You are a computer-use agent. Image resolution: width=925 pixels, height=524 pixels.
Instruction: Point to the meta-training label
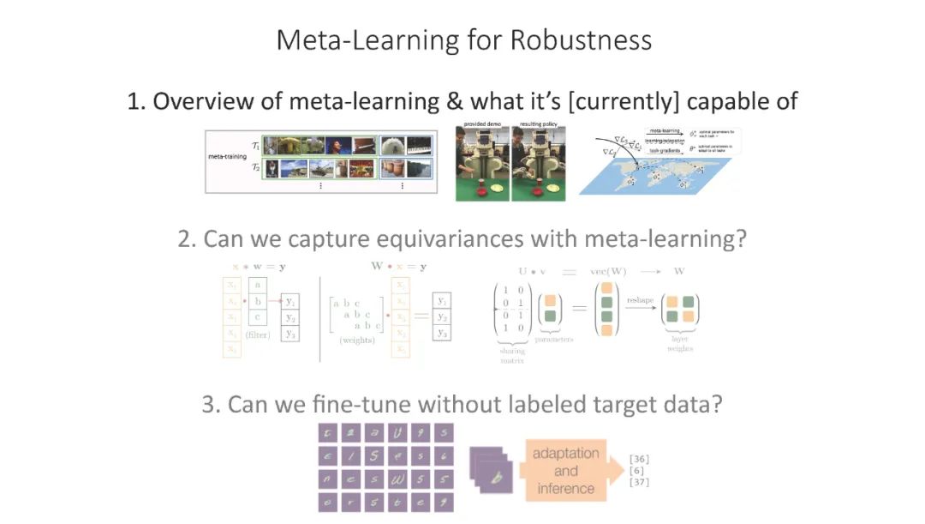[228, 157]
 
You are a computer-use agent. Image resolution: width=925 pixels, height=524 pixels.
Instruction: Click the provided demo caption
[482, 124]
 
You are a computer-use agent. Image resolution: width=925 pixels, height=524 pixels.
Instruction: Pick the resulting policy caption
[538, 124]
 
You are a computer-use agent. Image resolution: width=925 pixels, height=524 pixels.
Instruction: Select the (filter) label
[258, 334]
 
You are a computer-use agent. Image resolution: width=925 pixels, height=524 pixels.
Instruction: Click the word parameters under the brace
[555, 340]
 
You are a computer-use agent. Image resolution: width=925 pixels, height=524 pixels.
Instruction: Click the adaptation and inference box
[566, 470]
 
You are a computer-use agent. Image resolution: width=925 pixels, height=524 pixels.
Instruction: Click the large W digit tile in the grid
[398, 479]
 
